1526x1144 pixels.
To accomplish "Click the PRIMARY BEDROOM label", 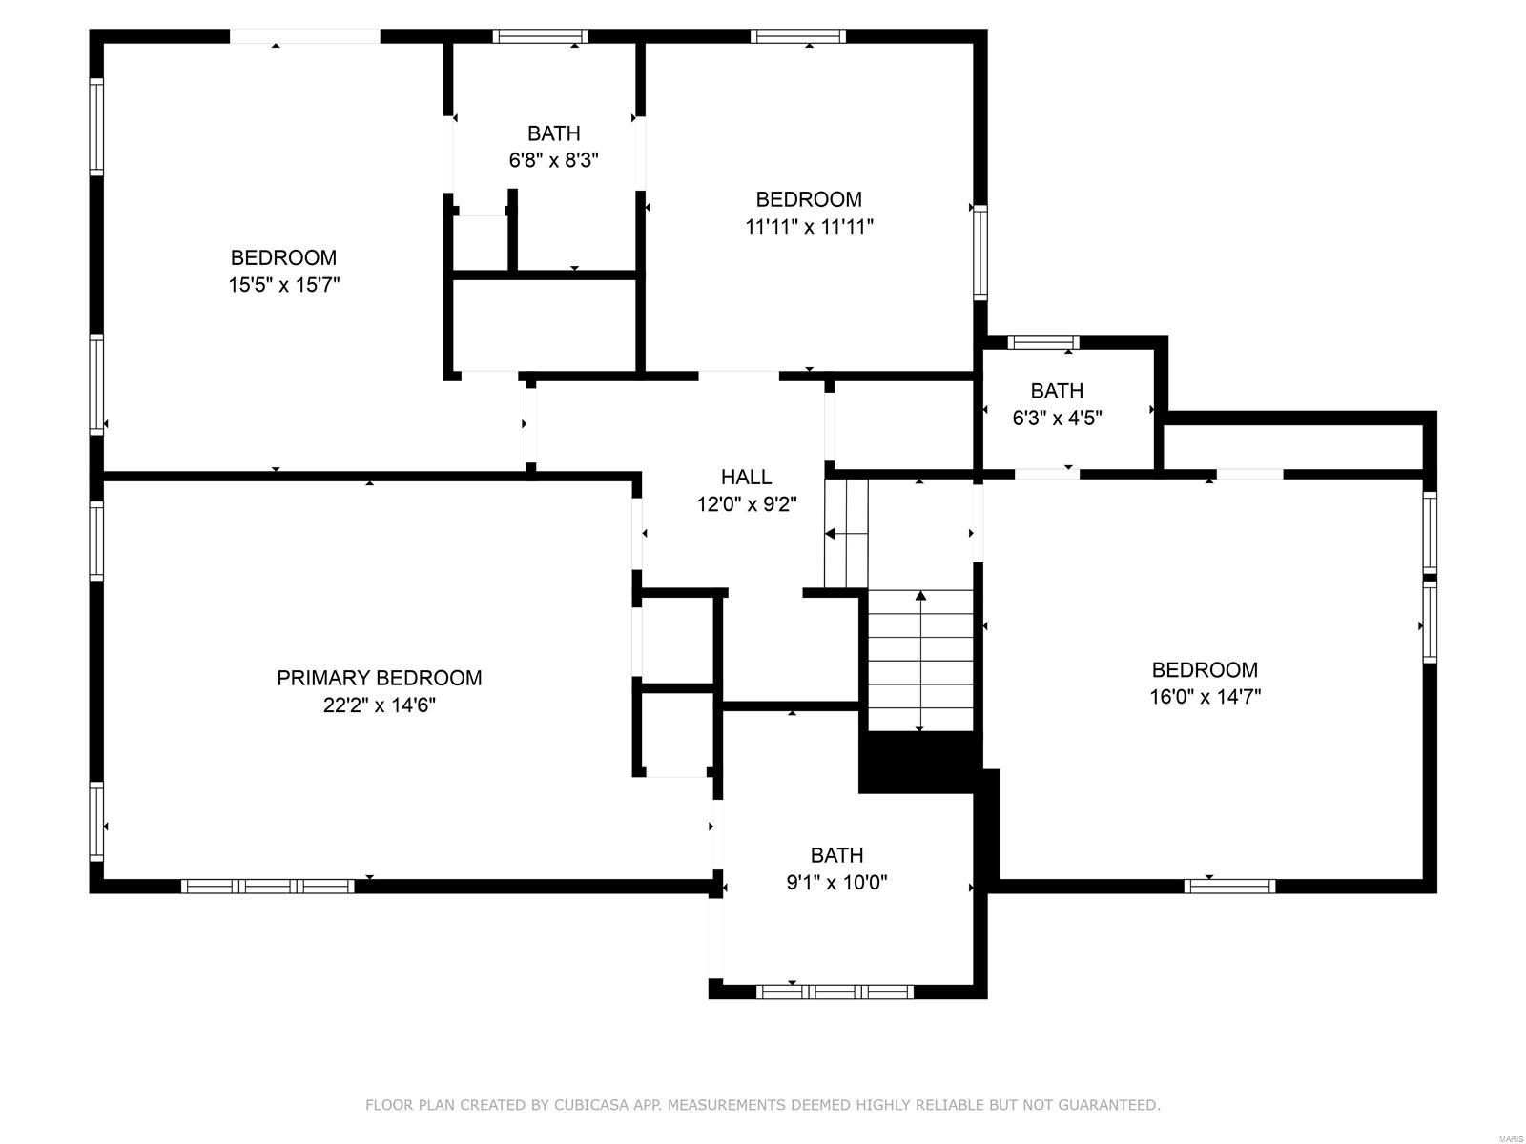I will coord(379,678).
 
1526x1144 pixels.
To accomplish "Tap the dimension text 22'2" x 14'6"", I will coord(379,705).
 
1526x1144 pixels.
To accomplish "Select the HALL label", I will coord(746,477).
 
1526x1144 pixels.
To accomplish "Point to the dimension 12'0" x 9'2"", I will coord(746,504).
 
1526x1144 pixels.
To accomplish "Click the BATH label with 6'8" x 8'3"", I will coord(553,133).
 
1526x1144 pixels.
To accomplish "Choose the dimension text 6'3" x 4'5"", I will coord(1057,418).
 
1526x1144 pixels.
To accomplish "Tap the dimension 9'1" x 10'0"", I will coord(836,883).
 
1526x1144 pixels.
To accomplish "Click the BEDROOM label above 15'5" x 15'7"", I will coord(283,257).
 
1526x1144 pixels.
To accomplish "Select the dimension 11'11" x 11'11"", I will coord(809,227).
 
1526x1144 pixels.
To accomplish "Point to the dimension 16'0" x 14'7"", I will coord(1205,697).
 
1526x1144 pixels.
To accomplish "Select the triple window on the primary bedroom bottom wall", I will coord(268,886).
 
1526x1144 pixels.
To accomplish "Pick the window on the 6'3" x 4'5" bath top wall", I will coord(1043,342).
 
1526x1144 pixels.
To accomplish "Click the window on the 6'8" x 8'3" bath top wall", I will coord(540,36).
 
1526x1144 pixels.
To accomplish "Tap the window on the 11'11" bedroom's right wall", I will coord(980,253).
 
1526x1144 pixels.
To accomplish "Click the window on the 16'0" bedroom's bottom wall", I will coord(1229,886).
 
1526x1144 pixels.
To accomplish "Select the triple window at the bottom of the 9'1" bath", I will coord(835,991).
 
